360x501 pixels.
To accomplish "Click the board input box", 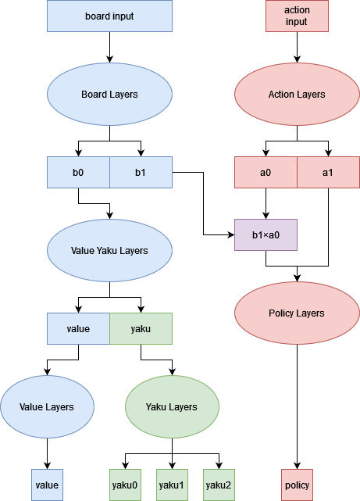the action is [109, 16].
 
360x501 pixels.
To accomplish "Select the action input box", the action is [297, 16].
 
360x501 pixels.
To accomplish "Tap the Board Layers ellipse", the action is [109, 95].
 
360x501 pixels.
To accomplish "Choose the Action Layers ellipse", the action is [297, 95].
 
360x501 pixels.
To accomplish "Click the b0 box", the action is [78, 172].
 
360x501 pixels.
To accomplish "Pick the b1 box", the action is [141, 172].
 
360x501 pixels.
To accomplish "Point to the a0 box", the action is [266, 172].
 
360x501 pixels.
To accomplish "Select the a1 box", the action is [329, 172].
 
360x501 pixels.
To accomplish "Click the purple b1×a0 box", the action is [266, 234].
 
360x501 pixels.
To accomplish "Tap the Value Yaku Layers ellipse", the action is [109, 250].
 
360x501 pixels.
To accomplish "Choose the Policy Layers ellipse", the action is [297, 313].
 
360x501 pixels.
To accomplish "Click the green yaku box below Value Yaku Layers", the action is [141, 328].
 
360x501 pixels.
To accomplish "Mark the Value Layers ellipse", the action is [47, 406].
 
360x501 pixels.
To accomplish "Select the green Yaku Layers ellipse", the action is [172, 406].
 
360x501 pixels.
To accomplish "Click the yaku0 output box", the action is [125, 485].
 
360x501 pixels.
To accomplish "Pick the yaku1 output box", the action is [172, 485].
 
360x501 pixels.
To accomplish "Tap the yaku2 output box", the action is [219, 485].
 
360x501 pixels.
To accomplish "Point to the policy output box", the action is [297, 485].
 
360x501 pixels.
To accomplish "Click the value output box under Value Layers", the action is [47, 485].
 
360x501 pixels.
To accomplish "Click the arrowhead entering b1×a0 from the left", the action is [231, 234].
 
